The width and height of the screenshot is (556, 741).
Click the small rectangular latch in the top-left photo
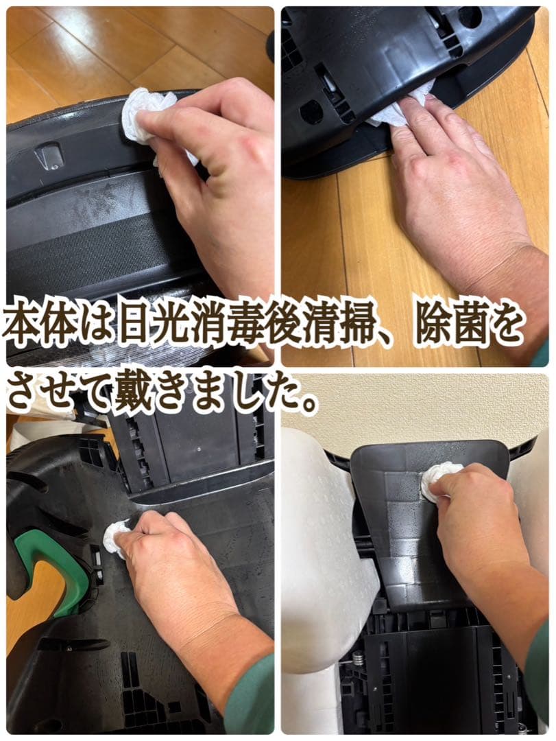[49, 156]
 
